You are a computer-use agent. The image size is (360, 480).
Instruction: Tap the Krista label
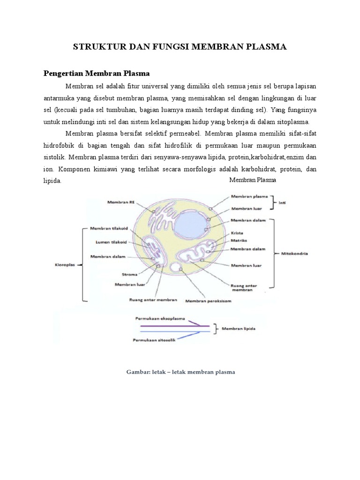point(236,232)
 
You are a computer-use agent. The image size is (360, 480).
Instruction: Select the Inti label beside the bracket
point(282,203)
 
